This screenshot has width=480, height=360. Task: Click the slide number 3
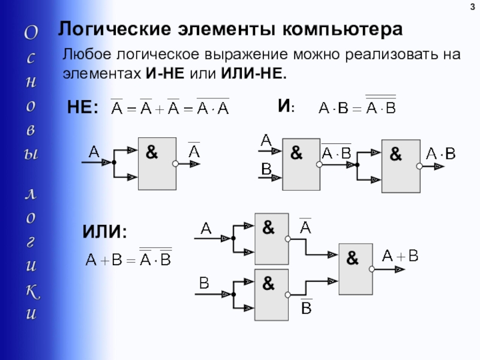(x=472, y=7)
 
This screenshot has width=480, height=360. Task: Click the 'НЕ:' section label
(x=82, y=109)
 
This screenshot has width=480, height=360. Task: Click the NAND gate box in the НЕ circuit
(x=157, y=163)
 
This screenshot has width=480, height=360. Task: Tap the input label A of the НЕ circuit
(x=94, y=152)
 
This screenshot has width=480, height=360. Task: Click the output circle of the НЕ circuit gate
(x=175, y=163)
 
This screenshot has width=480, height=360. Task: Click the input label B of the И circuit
(x=266, y=170)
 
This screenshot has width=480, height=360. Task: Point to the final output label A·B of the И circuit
(x=441, y=154)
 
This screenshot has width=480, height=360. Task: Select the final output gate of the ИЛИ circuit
(x=356, y=269)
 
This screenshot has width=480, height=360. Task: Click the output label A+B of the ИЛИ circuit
(x=400, y=256)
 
